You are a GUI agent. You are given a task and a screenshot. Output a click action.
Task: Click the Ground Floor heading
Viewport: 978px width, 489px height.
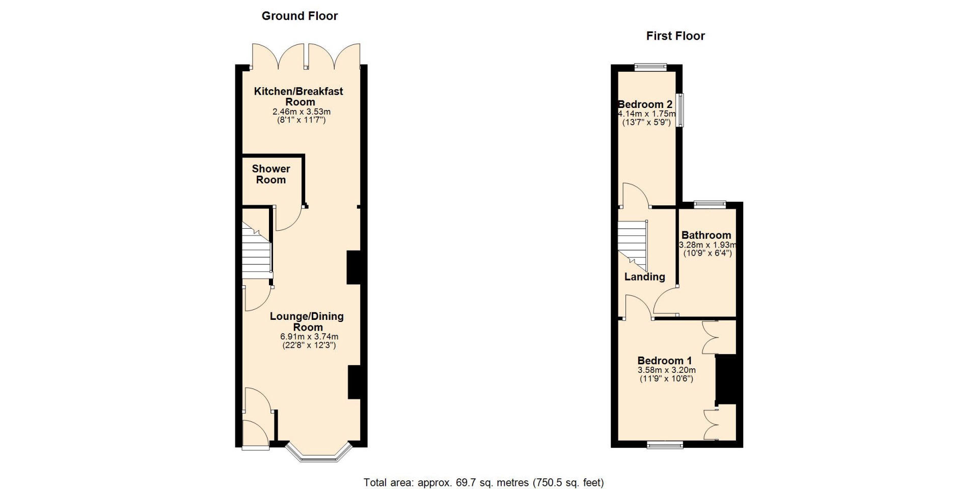pos(300,16)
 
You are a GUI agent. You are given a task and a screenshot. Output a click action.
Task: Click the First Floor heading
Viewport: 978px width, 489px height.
pos(675,36)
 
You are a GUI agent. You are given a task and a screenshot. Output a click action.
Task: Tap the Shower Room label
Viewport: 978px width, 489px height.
pos(271,174)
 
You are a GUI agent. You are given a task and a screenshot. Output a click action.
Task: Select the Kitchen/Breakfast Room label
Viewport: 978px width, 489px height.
pos(299,96)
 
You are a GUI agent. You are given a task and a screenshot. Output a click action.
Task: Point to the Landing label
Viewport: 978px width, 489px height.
pos(645,277)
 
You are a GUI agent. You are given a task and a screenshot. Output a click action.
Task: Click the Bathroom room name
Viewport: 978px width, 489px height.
pos(706,235)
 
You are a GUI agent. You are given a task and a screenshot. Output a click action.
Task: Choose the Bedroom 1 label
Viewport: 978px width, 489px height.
pos(665,361)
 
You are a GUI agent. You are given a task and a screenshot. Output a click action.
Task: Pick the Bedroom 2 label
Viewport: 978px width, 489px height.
pos(646,104)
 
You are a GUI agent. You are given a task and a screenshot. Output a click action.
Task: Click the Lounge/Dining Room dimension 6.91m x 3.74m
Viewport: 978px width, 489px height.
pos(309,337)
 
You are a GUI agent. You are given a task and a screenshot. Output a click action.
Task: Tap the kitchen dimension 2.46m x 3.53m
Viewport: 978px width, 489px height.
pos(302,112)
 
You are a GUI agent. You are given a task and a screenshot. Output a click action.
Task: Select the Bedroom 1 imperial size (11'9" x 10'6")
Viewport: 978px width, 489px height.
pos(666,378)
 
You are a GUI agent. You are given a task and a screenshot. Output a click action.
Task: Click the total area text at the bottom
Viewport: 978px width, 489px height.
pos(483,482)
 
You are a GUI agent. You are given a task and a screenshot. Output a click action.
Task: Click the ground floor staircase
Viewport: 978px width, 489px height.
pos(256,250)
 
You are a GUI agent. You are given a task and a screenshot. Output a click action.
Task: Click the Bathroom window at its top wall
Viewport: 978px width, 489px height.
pos(710,204)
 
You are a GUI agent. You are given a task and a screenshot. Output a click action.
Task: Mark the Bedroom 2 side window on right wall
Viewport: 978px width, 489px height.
pos(680,110)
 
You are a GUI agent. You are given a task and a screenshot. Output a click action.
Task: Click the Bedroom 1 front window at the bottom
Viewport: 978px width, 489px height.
pos(665,445)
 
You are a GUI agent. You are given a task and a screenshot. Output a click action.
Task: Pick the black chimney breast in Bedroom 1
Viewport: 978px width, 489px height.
pos(726,379)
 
